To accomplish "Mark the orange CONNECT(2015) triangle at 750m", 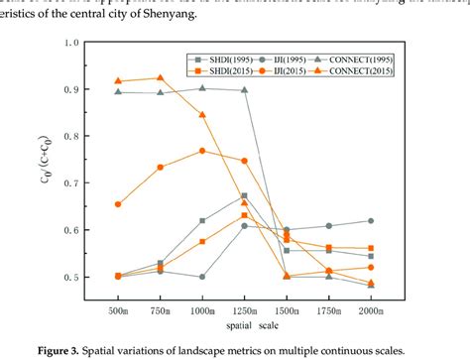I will click(161, 78).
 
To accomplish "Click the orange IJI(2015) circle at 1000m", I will click(202, 151).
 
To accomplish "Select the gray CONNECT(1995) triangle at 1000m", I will click(202, 88).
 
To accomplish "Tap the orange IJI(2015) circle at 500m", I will click(118, 204).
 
